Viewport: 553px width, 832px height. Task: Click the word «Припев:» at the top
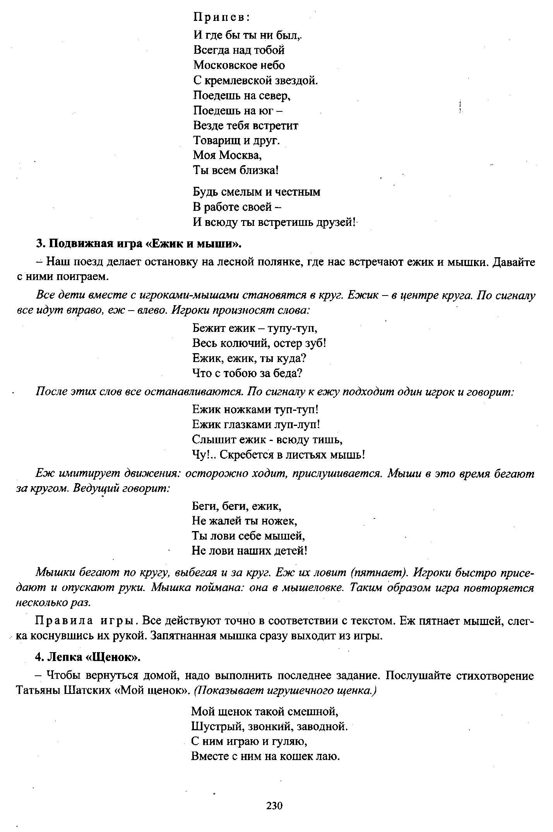tap(222, 18)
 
